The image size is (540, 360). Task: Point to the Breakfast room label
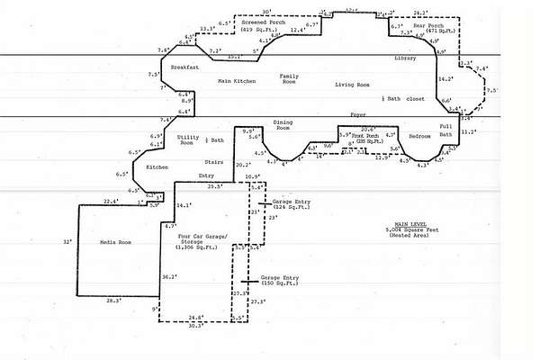(x=184, y=67)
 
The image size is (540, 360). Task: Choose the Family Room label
(x=289, y=80)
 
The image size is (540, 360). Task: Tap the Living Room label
(x=353, y=85)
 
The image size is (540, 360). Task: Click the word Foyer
(x=358, y=114)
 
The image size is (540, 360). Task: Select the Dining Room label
(x=283, y=125)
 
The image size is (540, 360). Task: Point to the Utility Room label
(x=188, y=139)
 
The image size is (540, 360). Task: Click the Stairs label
(x=214, y=161)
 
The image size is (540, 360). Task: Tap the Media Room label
(x=116, y=242)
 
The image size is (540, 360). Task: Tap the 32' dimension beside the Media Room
(x=67, y=242)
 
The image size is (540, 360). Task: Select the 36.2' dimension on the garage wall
(x=168, y=278)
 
